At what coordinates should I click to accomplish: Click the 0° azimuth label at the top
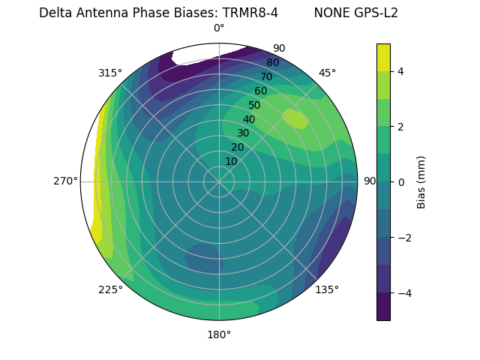[x=219, y=28]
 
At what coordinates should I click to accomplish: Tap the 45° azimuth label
[x=327, y=73]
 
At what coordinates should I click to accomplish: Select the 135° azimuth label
[x=327, y=289]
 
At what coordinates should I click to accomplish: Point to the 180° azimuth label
[x=219, y=334]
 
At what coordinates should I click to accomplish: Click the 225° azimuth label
[x=110, y=289]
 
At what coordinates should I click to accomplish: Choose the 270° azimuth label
[x=65, y=181]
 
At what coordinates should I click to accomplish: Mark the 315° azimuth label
[x=110, y=73]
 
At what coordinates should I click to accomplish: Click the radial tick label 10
[x=231, y=161]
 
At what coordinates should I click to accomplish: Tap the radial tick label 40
[x=249, y=119]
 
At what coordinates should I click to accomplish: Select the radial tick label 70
[x=266, y=76]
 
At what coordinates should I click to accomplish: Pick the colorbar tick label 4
[x=400, y=71]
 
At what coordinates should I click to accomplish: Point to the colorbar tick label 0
[x=400, y=181]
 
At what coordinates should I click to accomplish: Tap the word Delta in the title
[x=55, y=13]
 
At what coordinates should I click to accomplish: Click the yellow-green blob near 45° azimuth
[x=295, y=118]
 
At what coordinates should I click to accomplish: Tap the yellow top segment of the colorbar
[x=383, y=57]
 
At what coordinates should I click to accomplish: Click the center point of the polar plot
[x=219, y=181]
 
